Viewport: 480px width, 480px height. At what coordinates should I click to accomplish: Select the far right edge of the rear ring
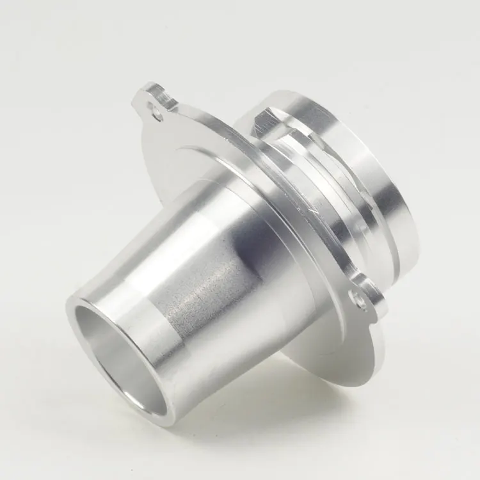coord(410,211)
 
